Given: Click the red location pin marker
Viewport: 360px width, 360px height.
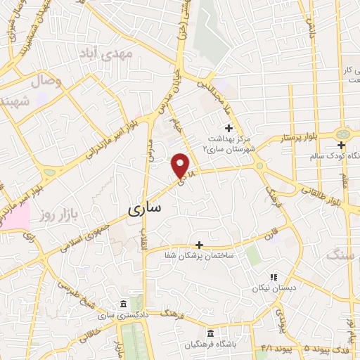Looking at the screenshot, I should (x=181, y=165).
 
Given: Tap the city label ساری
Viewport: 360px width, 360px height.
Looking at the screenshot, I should (x=146, y=208).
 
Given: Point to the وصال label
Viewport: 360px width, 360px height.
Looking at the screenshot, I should (x=48, y=82).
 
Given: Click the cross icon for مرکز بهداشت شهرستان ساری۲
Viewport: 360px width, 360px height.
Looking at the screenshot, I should (x=227, y=127).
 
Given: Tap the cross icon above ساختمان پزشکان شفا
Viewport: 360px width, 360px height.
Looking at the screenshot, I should (x=200, y=245).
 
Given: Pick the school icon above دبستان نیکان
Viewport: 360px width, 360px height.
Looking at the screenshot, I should (x=274, y=277).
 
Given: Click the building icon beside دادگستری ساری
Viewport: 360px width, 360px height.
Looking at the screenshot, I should (x=124, y=304).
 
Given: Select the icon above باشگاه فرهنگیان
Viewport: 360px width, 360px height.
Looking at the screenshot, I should (x=208, y=333).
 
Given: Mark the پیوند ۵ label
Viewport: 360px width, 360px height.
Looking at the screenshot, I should (x=294, y=347).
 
